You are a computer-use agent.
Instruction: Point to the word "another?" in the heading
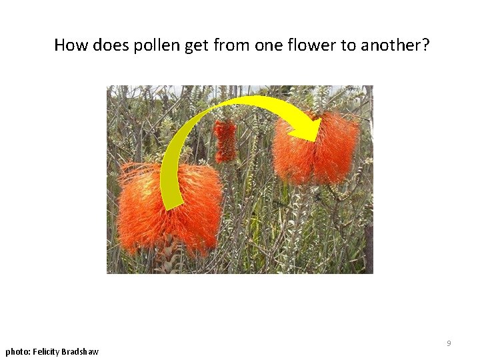pos(395,45)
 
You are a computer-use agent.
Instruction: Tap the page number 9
pos(449,343)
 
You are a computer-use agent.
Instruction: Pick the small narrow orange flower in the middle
pos(225,141)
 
